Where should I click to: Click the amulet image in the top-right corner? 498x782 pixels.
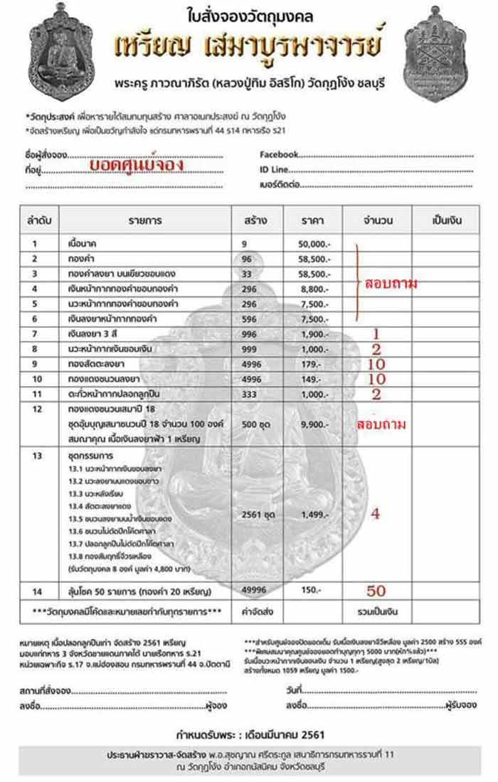pos(436,54)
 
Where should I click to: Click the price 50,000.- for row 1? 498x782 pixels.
pos(314,244)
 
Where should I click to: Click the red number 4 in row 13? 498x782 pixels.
pos(376,513)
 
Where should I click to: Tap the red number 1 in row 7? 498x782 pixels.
pos(376,333)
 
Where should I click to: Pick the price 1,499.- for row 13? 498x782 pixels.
pos(314,514)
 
